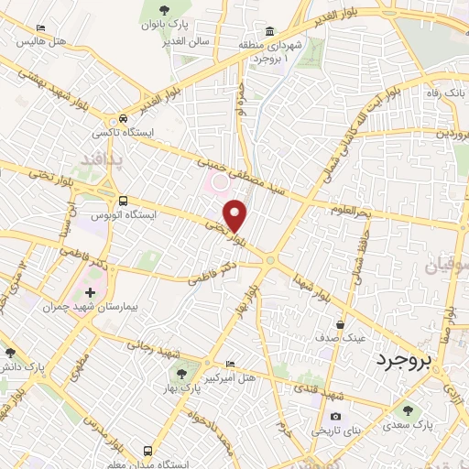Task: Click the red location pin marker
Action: click(x=236, y=214)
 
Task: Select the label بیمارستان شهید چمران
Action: click(x=89, y=307)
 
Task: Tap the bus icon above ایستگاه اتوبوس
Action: click(x=123, y=201)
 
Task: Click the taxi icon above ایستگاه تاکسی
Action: click(x=123, y=119)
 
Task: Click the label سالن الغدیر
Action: click(x=188, y=41)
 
